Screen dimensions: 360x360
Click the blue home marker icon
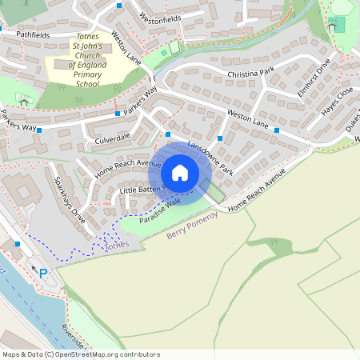click(179, 173)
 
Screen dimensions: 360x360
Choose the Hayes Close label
click(337, 102)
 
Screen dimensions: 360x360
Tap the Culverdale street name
click(113, 138)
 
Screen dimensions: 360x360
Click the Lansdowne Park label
click(210, 158)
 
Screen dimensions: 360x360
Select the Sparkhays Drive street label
click(66, 202)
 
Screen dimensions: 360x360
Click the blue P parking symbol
click(43, 274)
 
